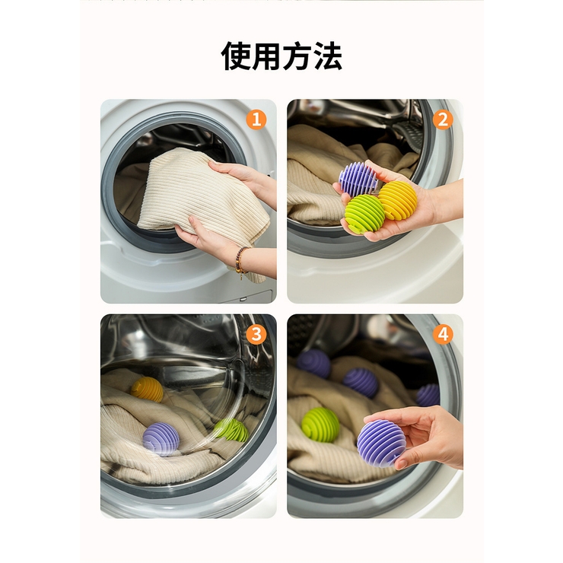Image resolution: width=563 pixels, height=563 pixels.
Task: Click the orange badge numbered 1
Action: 256,119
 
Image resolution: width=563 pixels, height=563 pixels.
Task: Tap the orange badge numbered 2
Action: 443,119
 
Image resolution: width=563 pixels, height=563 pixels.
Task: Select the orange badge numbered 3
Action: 256,334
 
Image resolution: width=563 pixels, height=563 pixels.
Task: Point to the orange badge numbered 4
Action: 443,334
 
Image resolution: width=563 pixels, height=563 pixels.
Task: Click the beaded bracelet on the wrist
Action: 241,260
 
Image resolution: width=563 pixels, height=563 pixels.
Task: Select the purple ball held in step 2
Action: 358,180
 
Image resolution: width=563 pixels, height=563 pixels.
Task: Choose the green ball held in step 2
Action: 364,213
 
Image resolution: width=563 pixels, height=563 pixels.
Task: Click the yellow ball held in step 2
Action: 398,200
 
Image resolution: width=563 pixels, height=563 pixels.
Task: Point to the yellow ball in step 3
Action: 148,389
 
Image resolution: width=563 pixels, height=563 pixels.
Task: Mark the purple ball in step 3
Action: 161,439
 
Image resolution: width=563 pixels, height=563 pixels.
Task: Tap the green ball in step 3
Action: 231,430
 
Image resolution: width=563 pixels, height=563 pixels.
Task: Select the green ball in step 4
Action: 320,425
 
